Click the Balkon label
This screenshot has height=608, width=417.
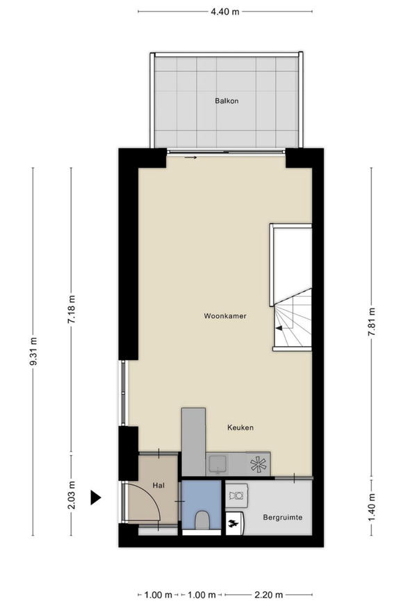point(226,101)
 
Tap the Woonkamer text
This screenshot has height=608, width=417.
point(226,316)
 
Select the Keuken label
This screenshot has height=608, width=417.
point(240,428)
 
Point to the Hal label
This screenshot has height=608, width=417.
point(158,486)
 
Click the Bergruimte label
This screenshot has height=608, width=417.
point(281,518)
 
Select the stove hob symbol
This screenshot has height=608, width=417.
point(258,463)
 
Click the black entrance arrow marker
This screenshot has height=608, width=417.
point(96,497)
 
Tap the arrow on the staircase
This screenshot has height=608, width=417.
point(281,327)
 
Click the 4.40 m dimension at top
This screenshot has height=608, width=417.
point(225,12)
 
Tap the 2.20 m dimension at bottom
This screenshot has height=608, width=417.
point(268,595)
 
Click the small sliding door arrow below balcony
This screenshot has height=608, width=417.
point(191,158)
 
